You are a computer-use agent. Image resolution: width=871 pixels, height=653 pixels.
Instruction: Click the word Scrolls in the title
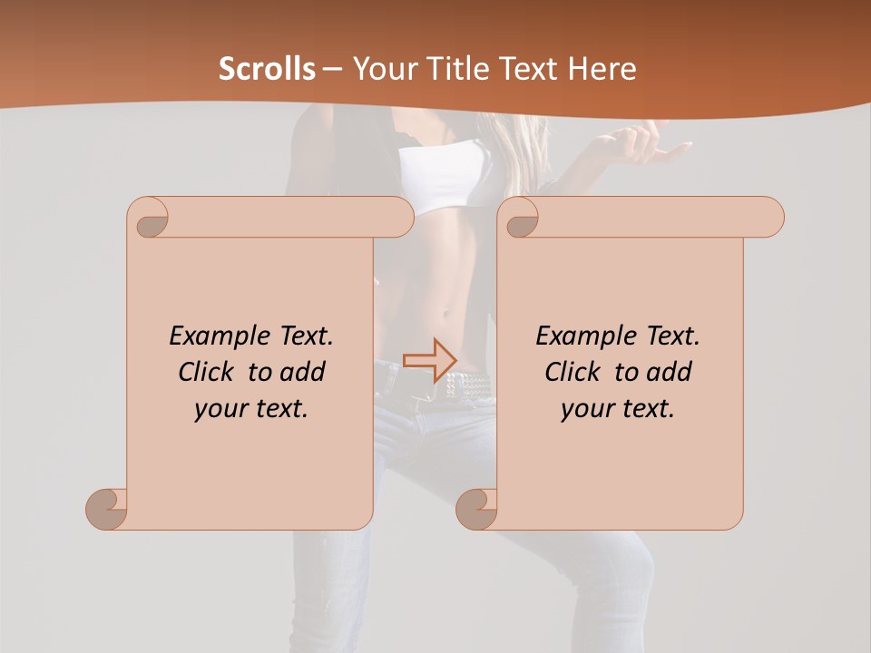pyautogui.click(x=267, y=69)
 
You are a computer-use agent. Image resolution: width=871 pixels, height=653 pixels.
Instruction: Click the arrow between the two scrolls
pyautogui.click(x=429, y=361)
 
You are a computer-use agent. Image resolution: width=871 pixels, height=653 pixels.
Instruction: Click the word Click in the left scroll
pyautogui.click(x=205, y=372)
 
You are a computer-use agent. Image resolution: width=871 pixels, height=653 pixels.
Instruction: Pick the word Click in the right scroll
pyautogui.click(x=572, y=372)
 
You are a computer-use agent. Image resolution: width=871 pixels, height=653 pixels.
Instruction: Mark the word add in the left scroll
pyautogui.click(x=303, y=372)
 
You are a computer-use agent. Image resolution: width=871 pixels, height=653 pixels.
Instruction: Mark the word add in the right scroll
pyautogui.click(x=670, y=372)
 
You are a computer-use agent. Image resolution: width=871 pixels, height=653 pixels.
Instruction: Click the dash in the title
pyautogui.click(x=332, y=69)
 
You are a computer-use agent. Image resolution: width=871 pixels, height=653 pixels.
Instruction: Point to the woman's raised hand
pyautogui.click(x=644, y=145)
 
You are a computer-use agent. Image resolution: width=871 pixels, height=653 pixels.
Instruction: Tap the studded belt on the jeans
pyautogui.click(x=466, y=381)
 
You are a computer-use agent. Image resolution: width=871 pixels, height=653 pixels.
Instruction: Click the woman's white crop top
pyautogui.click(x=445, y=177)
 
